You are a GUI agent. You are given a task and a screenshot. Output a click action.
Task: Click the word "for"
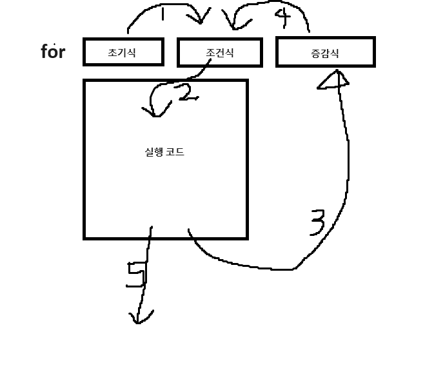(53, 52)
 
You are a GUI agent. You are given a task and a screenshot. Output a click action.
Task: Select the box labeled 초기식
(123, 52)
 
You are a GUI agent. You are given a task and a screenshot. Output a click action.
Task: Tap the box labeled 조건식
(219, 52)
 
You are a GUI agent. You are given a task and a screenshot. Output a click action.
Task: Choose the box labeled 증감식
(325, 52)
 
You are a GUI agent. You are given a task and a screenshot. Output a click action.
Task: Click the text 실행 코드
(165, 153)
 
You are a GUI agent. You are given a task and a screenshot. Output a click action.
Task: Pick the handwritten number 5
(136, 276)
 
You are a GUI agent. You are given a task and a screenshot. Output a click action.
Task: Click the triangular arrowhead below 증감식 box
(333, 79)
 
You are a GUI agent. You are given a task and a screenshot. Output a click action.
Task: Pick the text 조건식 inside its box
(219, 53)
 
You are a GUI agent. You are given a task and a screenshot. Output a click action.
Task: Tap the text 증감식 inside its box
(324, 53)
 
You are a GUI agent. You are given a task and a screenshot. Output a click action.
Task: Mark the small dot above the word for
(55, 43)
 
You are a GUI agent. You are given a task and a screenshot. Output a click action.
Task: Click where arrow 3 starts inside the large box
(189, 230)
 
